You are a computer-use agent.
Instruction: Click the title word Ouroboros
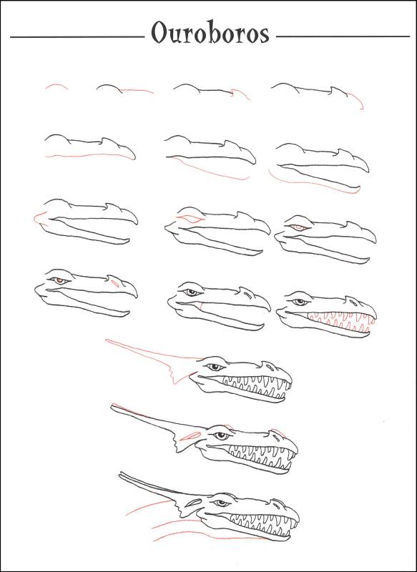tap(210, 34)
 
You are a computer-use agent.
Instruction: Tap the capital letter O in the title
tap(158, 34)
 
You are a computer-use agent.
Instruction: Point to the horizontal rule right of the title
tap(342, 36)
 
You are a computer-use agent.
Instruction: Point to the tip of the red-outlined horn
tap(107, 340)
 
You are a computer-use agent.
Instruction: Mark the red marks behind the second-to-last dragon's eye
tap(191, 434)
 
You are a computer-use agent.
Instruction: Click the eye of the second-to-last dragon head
tap(222, 435)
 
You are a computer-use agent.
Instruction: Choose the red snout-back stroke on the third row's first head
tap(38, 217)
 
